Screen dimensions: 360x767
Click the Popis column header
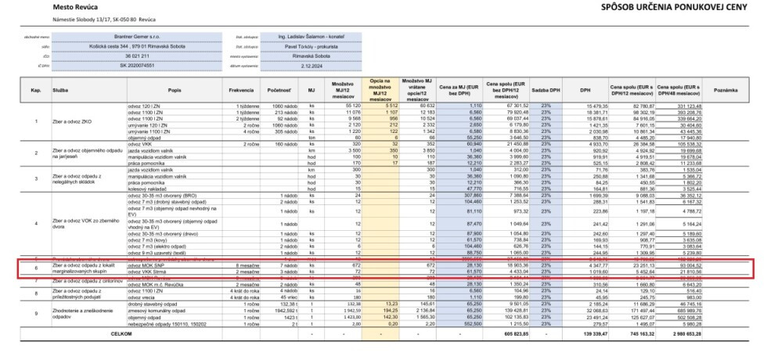click(174, 90)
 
